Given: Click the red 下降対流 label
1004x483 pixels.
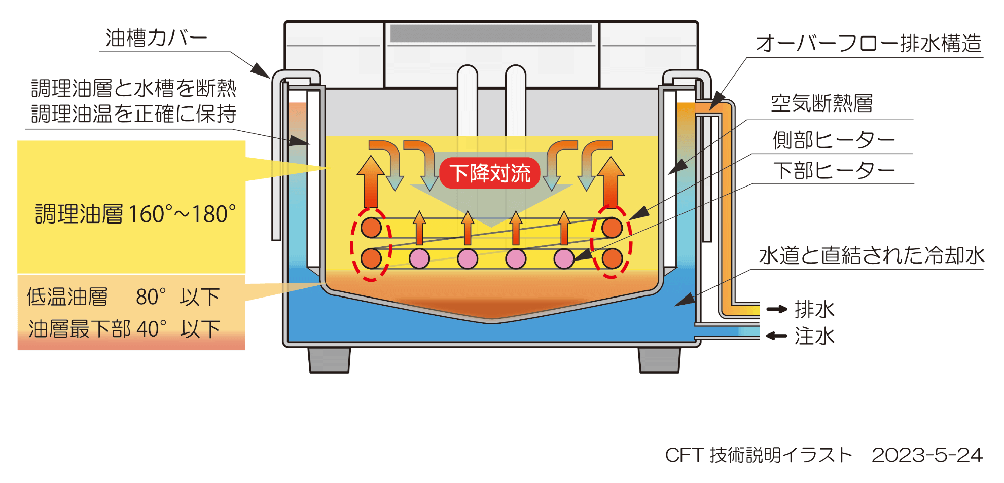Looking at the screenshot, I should coord(490,173).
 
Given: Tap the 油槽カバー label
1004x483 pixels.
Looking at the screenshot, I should coord(156,39).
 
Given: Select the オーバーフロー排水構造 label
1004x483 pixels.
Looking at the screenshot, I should coord(868,44).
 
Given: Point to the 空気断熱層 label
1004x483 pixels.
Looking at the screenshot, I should coord(821,104).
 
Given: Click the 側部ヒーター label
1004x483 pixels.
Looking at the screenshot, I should coord(834,140).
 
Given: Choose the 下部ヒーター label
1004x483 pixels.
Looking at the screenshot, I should coord(834,171).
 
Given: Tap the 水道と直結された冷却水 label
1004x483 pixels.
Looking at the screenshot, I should coord(871,256).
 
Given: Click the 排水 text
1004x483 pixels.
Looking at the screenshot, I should coord(814,309).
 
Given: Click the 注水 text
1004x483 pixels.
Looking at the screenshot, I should coord(814,336).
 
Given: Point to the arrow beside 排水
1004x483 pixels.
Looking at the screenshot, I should coord(776,309).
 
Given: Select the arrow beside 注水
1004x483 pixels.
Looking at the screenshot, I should coord(776,336).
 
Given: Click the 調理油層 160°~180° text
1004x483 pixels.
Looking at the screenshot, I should coord(135,214).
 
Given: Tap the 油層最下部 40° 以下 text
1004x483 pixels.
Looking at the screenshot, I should coord(124,329).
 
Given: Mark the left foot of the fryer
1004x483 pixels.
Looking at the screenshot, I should coord(329,360).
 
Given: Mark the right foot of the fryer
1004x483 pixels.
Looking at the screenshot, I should coord(659,360).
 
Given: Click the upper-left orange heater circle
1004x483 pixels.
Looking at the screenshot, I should coord(371,228).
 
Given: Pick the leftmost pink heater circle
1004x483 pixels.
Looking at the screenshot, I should coord(419,258).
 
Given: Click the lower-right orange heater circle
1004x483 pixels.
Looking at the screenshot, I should coord(612,258).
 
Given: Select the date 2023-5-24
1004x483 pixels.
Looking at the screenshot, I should coord(927,455).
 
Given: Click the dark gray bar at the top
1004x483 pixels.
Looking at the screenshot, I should coord(491,33).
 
